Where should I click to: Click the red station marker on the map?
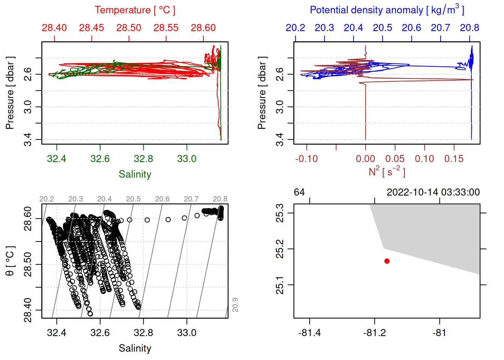click(387, 261)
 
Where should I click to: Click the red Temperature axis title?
click(135, 10)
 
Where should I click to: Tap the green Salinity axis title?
click(135, 174)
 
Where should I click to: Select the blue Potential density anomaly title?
click(387, 10)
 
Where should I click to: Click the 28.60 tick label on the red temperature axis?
click(203, 28)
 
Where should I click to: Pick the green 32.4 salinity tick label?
click(57, 159)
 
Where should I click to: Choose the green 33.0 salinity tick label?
click(187, 159)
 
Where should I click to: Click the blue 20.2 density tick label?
click(295, 28)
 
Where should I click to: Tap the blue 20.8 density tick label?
click(469, 28)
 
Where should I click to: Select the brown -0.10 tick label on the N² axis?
click(306, 159)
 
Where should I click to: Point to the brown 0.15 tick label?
click(454, 159)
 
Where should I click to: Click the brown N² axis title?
click(387, 171)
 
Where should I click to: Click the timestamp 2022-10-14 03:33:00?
click(433, 192)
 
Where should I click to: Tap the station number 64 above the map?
click(299, 192)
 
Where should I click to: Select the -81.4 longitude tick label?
click(310, 333)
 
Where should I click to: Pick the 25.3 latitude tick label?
click(280, 213)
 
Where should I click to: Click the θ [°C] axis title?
click(10, 261)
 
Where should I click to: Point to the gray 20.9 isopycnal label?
click(235, 305)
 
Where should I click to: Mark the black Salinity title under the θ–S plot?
click(135, 348)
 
